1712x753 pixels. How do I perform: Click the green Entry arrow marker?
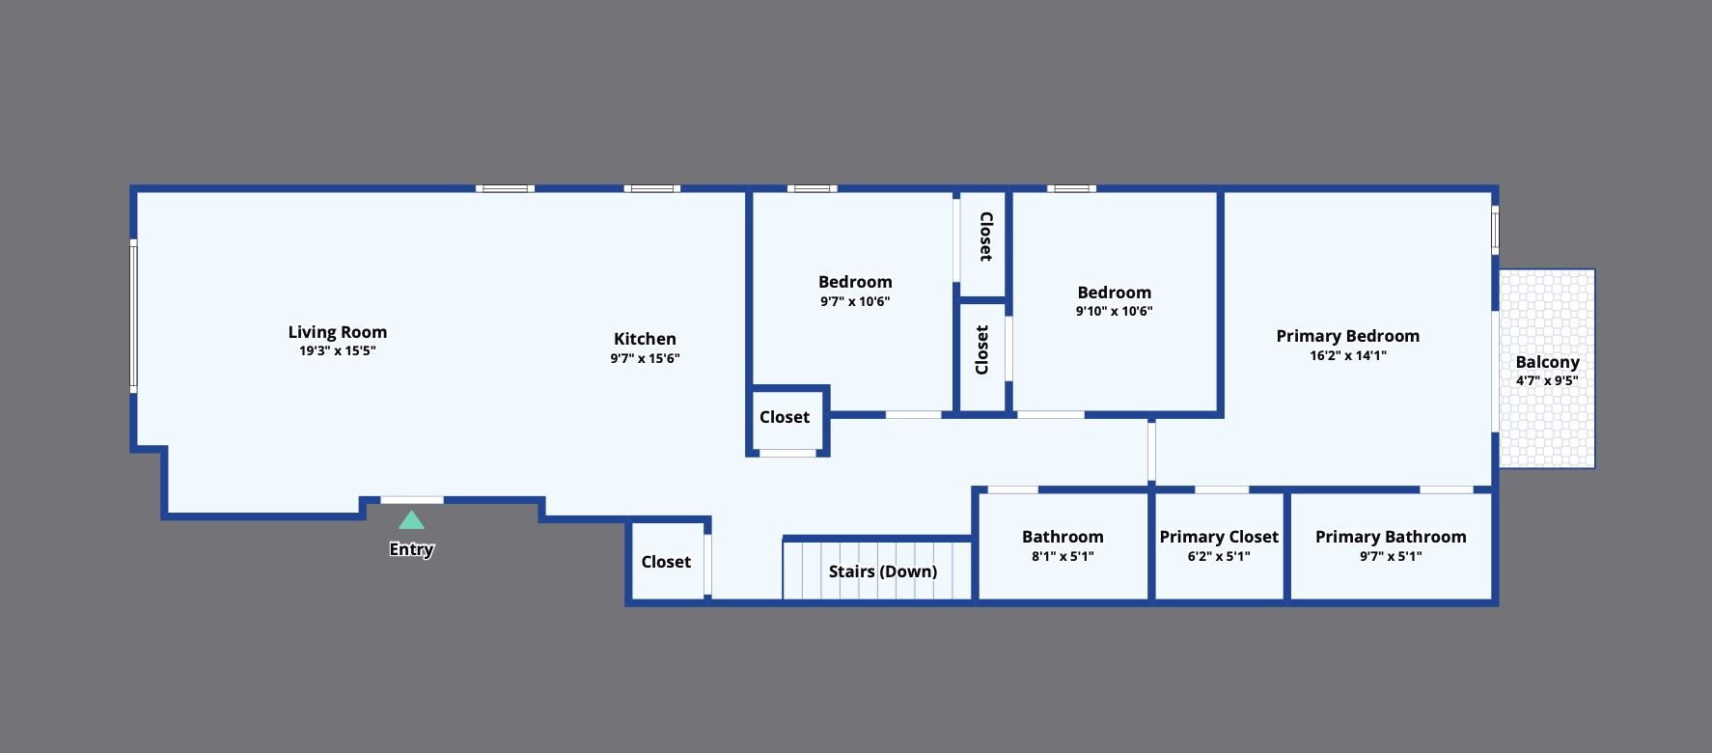click(x=411, y=520)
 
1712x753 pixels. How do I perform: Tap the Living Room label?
click(x=338, y=332)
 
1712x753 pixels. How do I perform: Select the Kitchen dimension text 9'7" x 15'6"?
click(x=645, y=358)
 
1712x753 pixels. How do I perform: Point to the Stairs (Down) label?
click(x=883, y=572)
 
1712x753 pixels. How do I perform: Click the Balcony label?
click(x=1547, y=362)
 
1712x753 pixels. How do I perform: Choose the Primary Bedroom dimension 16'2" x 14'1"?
click(x=1347, y=355)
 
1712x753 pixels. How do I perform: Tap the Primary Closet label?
click(x=1219, y=537)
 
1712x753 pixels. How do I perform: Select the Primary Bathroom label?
click(x=1391, y=537)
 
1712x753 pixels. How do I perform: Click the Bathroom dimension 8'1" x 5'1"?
click(x=1063, y=556)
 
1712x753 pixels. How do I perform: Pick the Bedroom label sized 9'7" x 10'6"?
click(x=855, y=282)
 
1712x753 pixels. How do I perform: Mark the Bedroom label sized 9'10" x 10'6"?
click(x=1114, y=293)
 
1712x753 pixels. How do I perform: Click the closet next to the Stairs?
click(x=666, y=562)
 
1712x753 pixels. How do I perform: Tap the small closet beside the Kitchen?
click(x=785, y=417)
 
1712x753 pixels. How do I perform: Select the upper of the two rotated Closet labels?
click(x=985, y=237)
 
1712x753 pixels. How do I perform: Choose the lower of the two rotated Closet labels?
click(x=982, y=349)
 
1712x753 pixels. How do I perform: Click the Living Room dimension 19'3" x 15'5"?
click(x=338, y=351)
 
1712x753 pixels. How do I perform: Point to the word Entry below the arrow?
click(x=411, y=549)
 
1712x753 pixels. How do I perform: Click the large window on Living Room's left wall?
click(x=133, y=316)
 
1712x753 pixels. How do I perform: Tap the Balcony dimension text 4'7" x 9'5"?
click(x=1547, y=380)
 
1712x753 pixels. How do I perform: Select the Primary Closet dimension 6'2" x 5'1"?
click(x=1219, y=556)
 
